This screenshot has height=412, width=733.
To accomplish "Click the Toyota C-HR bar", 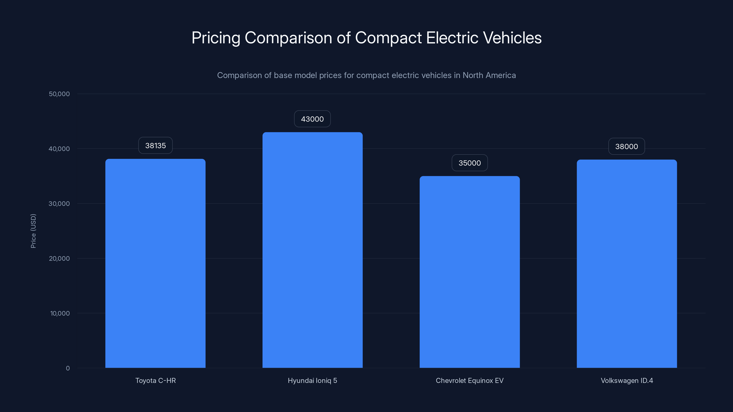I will tap(155, 263).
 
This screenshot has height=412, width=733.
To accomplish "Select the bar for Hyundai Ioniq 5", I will tap(312, 250).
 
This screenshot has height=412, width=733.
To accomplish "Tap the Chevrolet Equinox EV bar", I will tap(470, 272).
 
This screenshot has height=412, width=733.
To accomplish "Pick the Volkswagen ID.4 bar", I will tap(626, 264).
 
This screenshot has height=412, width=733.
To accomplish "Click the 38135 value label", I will tap(155, 146).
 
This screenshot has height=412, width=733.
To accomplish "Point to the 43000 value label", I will tap(312, 119).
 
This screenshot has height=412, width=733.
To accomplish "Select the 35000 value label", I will tap(470, 163).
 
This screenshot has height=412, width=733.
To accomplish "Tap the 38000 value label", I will tap(626, 146).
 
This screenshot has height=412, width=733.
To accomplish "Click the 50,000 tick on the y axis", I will tap(59, 94).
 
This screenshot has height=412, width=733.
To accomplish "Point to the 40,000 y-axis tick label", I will tap(59, 149).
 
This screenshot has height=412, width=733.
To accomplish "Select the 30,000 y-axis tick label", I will tap(59, 203).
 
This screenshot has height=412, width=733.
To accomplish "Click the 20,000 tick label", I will tap(59, 258).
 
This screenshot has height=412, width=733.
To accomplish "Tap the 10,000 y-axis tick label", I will tap(60, 313).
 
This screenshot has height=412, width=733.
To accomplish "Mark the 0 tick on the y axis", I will tap(68, 368).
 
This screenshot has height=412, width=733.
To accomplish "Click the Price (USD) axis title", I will tap(33, 231).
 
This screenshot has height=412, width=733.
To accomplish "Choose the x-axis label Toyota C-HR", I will tap(155, 380).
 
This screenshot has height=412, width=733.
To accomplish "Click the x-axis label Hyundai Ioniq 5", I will tap(312, 380).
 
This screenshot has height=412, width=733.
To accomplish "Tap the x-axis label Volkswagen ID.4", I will tap(626, 380).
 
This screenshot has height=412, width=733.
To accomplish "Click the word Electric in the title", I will tap(452, 38).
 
